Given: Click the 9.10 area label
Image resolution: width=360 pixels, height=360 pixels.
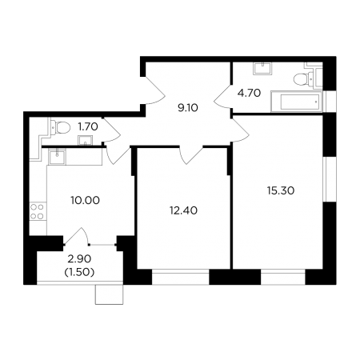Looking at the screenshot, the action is [188, 108].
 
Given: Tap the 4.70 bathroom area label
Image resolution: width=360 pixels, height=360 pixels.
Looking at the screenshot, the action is [249, 93].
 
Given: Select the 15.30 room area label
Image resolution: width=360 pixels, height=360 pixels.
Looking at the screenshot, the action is [281, 190].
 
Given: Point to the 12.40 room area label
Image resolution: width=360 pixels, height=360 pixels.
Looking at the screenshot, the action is [183, 210].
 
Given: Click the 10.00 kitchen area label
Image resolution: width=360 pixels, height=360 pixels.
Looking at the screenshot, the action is [86, 200].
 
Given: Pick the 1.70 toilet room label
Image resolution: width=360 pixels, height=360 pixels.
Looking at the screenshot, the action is [88, 126].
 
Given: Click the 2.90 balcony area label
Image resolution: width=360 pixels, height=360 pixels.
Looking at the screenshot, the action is [79, 258].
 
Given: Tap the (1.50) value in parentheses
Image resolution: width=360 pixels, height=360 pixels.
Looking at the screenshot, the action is [79, 272].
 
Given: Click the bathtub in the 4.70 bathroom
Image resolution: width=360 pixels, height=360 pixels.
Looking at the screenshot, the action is [297, 102].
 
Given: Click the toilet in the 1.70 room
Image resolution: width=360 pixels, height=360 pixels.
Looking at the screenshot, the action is [61, 127].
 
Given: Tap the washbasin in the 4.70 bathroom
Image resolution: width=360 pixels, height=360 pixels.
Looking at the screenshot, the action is [262, 68].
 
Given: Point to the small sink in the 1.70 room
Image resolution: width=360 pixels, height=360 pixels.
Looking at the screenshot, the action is [86, 141].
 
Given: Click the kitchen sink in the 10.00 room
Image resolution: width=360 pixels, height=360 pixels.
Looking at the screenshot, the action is [57, 157].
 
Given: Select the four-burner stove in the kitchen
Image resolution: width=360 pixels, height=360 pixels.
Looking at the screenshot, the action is [37, 211].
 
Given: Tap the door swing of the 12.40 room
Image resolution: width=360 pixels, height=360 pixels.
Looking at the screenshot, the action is [190, 155].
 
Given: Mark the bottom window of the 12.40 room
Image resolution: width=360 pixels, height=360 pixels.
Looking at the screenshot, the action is [181, 277].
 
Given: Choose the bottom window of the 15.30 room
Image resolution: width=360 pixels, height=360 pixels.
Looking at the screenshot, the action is [283, 277].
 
